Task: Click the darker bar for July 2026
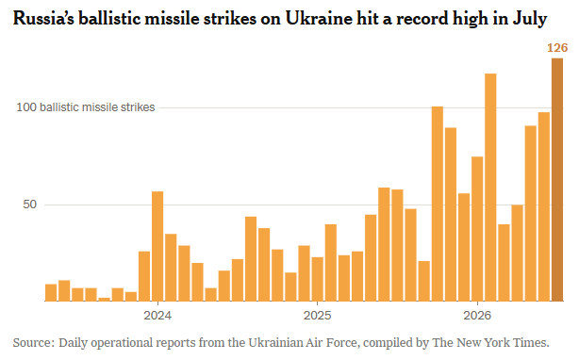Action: pyautogui.click(x=557, y=180)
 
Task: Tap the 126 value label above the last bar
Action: pyautogui.click(x=557, y=48)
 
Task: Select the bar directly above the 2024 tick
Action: pyautogui.click(x=157, y=246)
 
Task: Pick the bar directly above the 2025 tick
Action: pyautogui.click(x=318, y=279)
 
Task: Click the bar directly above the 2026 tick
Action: pyautogui.click(x=477, y=229)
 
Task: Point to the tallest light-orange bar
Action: pyautogui.click(x=490, y=188)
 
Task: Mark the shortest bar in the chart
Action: pyautogui.click(x=105, y=300)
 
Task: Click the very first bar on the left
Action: pyautogui.click(x=51, y=293)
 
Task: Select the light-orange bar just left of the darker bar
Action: pyautogui.click(x=544, y=207)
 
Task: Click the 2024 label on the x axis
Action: pyautogui.click(x=157, y=316)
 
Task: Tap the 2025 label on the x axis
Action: pyautogui.click(x=318, y=316)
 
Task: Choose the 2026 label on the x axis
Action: pyautogui.click(x=477, y=316)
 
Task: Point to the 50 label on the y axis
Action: pyautogui.click(x=30, y=205)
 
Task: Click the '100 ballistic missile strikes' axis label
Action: pyautogui.click(x=86, y=107)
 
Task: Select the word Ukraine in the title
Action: pyautogui.click(x=319, y=19)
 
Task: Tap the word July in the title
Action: pyautogui.click(x=530, y=19)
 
